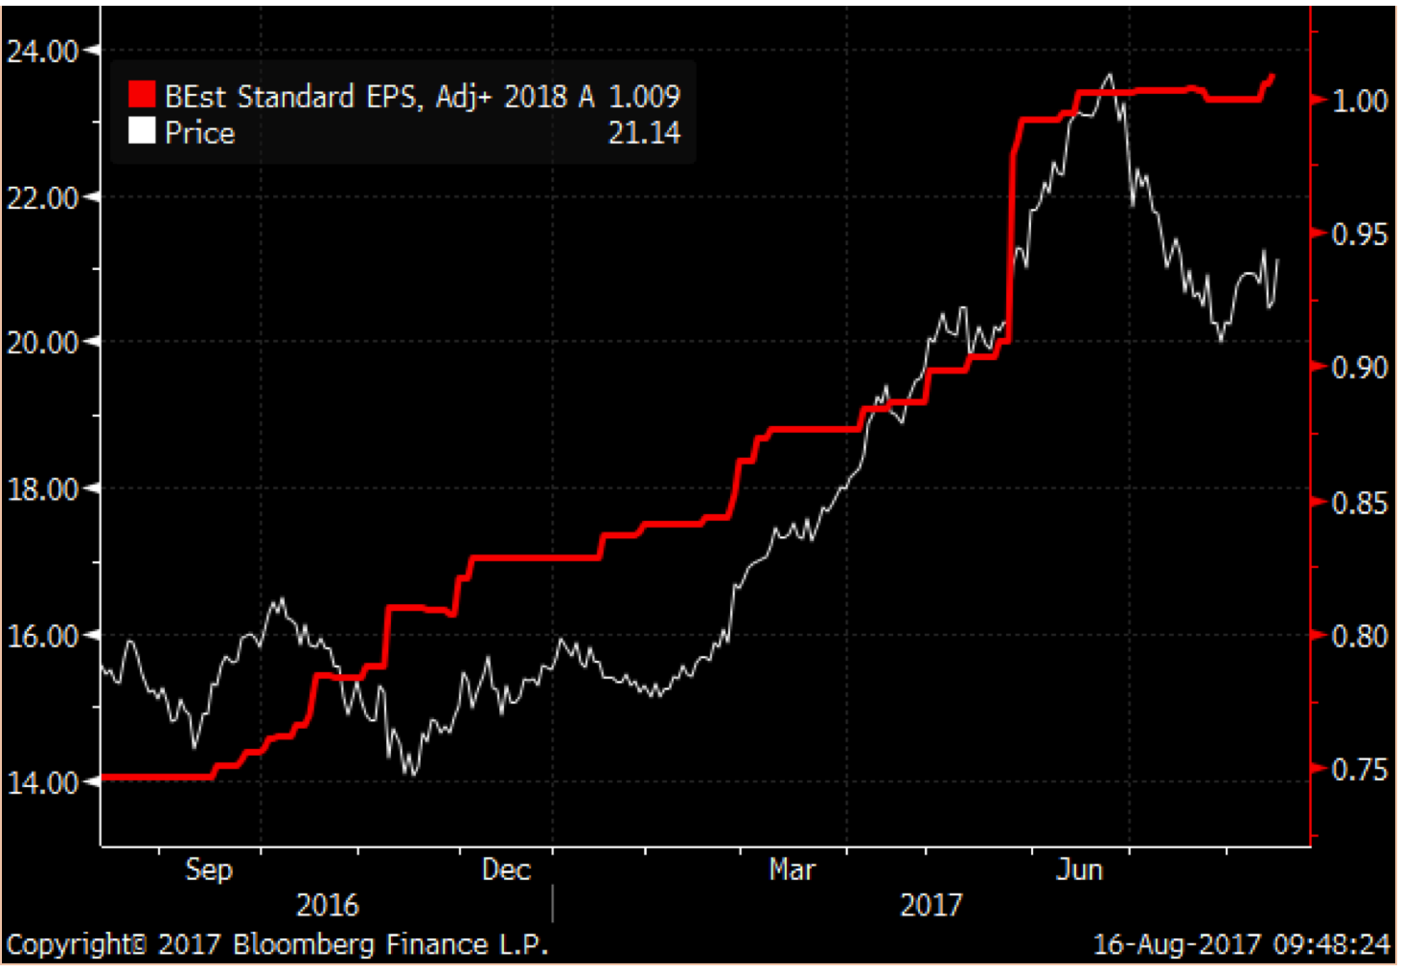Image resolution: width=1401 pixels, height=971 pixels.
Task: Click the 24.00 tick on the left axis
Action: (x=42, y=51)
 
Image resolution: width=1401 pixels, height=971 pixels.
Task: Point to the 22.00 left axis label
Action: (x=42, y=198)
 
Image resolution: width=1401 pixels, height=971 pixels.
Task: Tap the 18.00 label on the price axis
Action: (x=42, y=489)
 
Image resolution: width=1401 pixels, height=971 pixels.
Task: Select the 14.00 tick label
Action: (x=42, y=782)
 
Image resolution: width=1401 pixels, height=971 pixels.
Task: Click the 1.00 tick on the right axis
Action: (x=1360, y=101)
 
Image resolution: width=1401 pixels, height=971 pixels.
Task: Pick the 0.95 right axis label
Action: (x=1360, y=235)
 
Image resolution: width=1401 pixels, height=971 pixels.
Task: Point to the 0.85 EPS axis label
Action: (x=1360, y=503)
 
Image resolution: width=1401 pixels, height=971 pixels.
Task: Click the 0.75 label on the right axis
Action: (x=1360, y=770)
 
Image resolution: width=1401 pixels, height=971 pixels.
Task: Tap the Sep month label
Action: (x=208, y=869)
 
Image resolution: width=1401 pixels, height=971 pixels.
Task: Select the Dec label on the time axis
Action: (x=506, y=869)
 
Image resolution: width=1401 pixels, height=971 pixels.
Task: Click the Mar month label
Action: (x=792, y=869)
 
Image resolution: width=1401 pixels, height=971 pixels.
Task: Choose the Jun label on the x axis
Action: (x=1079, y=869)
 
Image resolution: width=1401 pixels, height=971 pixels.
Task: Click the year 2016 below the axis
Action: (x=327, y=905)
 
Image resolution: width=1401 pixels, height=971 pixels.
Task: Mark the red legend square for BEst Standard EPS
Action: (x=142, y=94)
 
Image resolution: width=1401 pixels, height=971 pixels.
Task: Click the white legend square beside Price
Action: (x=142, y=130)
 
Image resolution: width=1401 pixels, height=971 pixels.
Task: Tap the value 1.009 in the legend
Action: (x=644, y=96)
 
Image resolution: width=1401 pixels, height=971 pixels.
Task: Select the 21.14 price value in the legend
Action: (x=644, y=132)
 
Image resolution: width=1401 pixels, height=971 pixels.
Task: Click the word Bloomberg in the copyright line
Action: (x=306, y=945)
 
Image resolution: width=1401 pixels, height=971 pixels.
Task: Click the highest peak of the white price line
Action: (x=1110, y=75)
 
